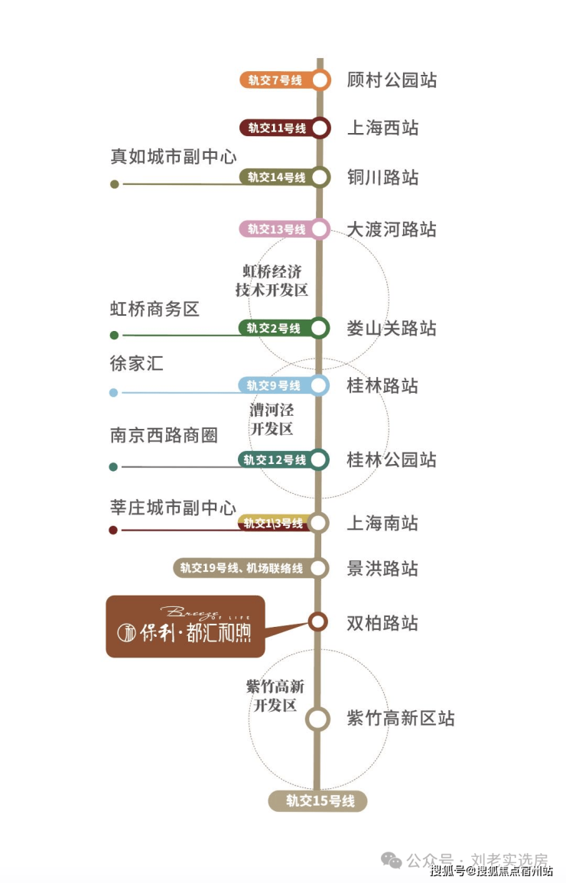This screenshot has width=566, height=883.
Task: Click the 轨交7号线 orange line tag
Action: pos(275,80)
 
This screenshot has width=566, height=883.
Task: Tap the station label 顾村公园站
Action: pos(392,80)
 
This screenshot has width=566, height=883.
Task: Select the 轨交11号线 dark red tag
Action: pos(275,128)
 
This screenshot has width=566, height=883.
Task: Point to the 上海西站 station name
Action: pos(382,128)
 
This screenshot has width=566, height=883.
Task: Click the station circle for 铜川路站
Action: pos(320,177)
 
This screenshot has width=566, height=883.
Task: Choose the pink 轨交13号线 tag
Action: pos(275,229)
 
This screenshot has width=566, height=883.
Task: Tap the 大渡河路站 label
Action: pos(392,229)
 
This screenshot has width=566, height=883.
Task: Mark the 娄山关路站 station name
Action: pos(392,328)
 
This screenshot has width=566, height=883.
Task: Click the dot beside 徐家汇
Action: pos(114,393)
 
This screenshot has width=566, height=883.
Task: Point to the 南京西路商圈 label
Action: pos(164,435)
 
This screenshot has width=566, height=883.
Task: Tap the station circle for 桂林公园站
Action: pos(320,459)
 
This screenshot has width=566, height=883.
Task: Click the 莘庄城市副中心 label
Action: pos(173,508)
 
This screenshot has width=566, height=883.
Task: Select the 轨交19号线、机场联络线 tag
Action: pos(242,568)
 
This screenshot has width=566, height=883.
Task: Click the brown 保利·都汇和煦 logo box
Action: pos(185,626)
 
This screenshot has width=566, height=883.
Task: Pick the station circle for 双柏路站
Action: pos(318,622)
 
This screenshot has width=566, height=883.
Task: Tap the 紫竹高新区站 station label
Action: pos(401,719)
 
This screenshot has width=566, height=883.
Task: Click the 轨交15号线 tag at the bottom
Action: pos(318,801)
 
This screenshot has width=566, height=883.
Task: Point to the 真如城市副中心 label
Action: pos(173,157)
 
